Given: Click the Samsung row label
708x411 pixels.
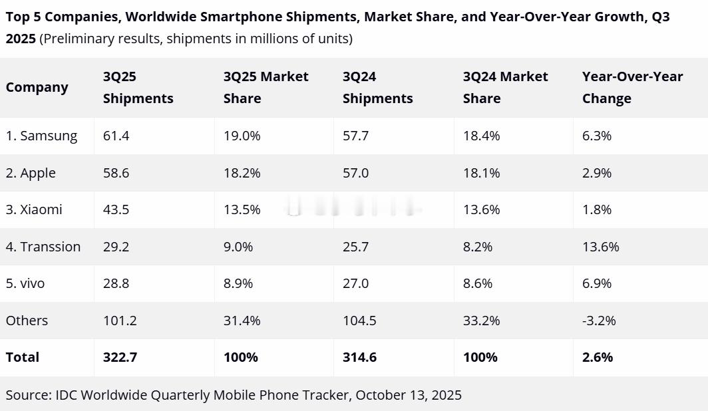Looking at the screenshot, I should [x=41, y=136].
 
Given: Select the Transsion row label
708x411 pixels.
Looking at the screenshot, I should [x=43, y=247].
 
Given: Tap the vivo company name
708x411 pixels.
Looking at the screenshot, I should [x=25, y=283].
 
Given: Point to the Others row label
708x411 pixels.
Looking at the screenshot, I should [x=27, y=321].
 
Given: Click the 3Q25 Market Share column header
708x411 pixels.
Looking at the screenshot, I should [x=265, y=87].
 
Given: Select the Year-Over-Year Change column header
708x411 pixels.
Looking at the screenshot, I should [x=632, y=87].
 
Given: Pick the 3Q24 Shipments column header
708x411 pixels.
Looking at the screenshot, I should [x=377, y=87].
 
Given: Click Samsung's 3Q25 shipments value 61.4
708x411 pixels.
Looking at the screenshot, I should [x=116, y=136].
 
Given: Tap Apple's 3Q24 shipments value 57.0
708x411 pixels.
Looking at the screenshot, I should [x=356, y=173].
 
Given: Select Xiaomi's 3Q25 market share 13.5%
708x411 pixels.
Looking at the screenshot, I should [x=242, y=209].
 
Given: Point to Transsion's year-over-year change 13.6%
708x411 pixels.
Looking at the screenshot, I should [x=600, y=247].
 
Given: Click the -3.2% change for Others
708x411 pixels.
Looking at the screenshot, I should [x=599, y=321].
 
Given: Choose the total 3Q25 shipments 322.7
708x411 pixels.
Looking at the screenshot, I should [x=120, y=357].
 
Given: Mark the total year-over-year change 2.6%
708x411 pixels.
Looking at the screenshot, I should [x=598, y=357].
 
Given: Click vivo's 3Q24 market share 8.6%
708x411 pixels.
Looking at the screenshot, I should [x=478, y=283].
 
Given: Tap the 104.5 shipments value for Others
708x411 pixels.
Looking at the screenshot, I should [x=359, y=321].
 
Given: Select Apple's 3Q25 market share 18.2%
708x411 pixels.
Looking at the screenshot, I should [x=242, y=173].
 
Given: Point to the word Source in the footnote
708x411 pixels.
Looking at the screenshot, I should [x=27, y=395].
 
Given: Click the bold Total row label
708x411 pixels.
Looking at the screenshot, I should [x=23, y=357].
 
